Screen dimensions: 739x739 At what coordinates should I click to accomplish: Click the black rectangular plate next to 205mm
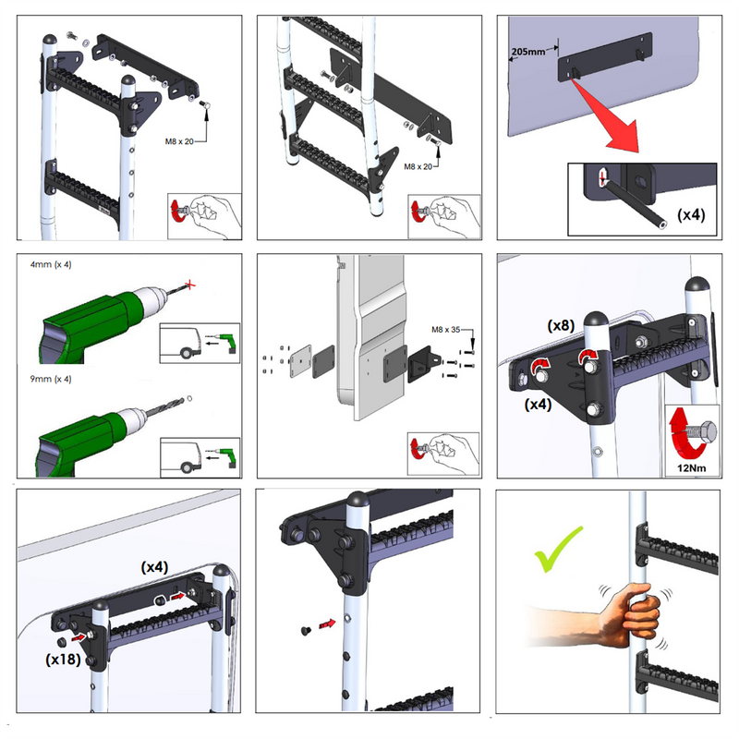coord(605,55)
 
